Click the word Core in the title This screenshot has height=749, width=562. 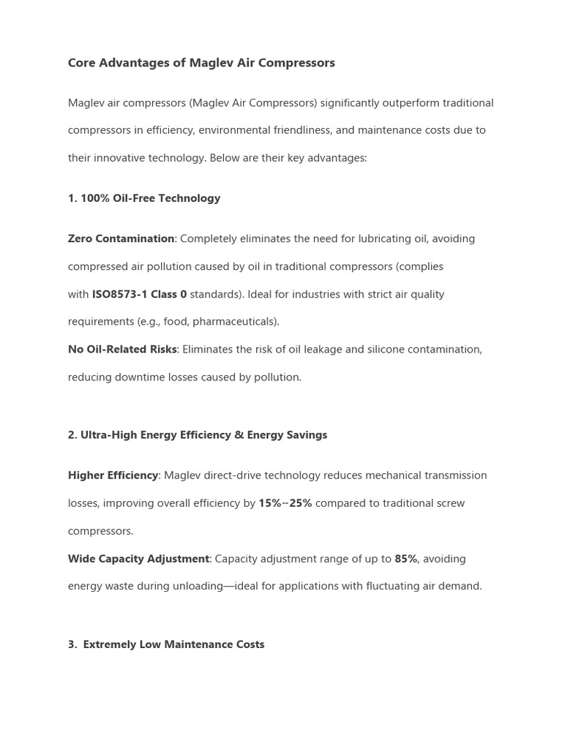81,63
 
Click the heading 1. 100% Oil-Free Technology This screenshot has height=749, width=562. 144,198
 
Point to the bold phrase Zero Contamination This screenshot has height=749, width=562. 121,239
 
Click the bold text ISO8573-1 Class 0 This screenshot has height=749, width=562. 139,295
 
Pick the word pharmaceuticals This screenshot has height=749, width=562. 242,322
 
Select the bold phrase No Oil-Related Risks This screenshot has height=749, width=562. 122,350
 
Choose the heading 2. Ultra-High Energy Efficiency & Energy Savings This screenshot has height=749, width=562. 198,435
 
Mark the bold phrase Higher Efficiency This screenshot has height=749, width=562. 113,475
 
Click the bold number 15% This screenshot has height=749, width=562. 269,503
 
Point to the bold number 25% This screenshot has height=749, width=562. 300,503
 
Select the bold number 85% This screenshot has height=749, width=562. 405,559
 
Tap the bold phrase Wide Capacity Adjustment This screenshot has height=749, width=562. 138,559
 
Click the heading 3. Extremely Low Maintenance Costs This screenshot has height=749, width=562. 166,644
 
